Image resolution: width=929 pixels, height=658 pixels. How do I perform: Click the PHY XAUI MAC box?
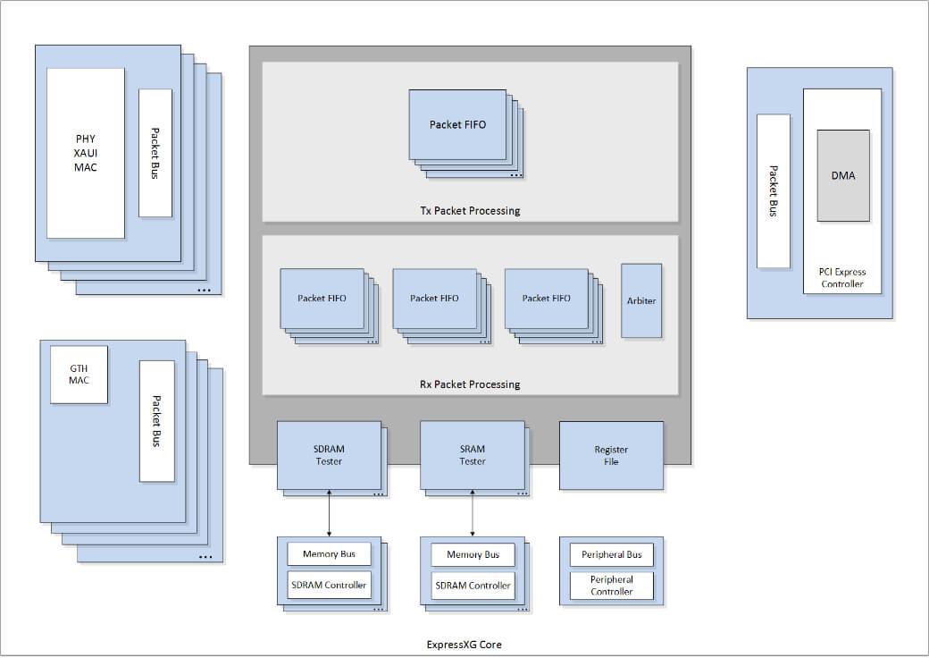(86, 153)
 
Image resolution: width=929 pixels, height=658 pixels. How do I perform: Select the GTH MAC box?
(79, 374)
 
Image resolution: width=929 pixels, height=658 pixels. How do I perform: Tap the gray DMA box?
(842, 175)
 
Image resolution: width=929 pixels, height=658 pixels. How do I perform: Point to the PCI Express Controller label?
(841, 278)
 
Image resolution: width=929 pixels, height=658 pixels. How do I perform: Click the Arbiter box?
(641, 300)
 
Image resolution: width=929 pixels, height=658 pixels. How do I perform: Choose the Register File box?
(611, 455)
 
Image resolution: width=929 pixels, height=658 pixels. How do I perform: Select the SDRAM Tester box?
(329, 455)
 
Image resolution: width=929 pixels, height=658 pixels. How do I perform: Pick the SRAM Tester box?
(473, 455)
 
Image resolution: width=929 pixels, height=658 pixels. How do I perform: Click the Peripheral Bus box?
(611, 554)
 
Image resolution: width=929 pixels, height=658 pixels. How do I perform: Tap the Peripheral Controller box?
(611, 586)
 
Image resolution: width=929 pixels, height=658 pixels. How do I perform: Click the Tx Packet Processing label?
(470, 211)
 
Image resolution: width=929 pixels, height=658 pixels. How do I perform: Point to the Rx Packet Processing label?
(470, 384)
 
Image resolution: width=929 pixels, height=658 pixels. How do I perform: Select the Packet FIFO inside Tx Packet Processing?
(457, 124)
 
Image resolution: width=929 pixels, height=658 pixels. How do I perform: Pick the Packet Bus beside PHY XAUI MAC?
(155, 153)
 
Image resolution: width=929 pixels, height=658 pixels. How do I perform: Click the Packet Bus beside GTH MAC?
(156, 420)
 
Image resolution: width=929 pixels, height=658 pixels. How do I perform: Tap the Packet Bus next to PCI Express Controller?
(773, 190)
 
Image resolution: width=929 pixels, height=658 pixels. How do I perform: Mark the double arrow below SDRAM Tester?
(329, 513)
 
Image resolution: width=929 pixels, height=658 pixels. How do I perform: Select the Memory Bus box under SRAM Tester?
(473, 554)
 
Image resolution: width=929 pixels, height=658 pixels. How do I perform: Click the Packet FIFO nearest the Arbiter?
(546, 298)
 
